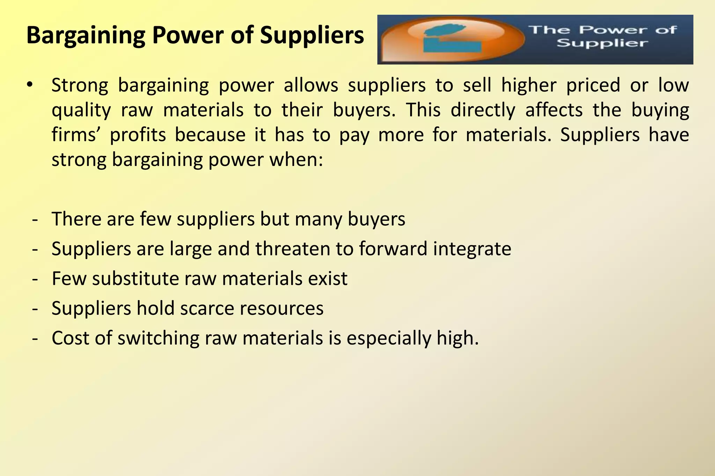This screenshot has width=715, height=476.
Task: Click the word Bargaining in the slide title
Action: click(86, 36)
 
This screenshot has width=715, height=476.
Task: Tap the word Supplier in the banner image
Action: click(602, 44)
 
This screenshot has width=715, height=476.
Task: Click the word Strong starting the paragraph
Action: click(80, 85)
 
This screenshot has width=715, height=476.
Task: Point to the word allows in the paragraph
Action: click(311, 85)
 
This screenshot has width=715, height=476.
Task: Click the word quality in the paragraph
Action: click(81, 111)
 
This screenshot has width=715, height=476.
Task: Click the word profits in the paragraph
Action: click(138, 135)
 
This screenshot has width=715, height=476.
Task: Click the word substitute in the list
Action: click(136, 279)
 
